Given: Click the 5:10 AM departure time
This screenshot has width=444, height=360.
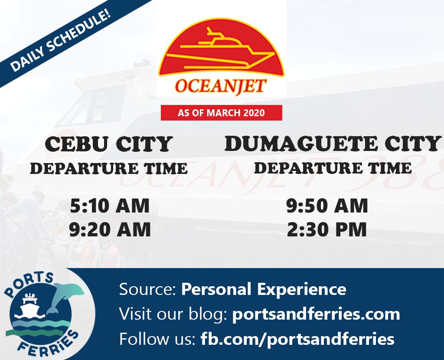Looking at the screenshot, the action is point(110,206).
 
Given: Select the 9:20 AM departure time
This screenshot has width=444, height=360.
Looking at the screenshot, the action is point(110,229).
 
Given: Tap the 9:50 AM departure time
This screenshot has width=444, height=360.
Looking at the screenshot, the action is point(327,206).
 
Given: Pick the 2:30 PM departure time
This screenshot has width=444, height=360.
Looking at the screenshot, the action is point(327,229).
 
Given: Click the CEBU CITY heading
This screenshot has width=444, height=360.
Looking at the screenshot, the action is point(109,144).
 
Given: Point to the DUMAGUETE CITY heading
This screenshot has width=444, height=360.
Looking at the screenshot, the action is point(332,143).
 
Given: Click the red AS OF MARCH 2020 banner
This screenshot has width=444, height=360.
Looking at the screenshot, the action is point(222,113).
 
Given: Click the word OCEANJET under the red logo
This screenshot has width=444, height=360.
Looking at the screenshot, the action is point(221,86).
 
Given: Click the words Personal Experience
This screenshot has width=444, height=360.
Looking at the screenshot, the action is point(264,289).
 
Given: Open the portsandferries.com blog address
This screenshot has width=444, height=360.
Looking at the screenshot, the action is point(316,314).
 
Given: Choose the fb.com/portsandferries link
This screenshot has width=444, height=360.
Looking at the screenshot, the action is point(297,339).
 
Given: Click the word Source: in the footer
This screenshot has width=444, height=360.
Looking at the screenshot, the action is point(148,289).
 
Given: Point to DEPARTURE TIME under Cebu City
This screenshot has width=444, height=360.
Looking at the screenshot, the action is point(109,169).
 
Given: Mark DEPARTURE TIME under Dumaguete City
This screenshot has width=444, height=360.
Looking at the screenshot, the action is point(333,168).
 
